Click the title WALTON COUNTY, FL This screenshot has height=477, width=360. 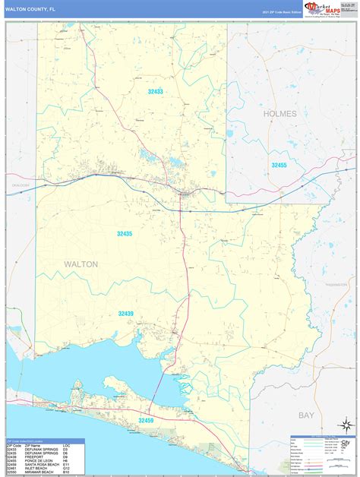click(30, 8)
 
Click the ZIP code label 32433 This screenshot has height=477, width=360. click(155, 91)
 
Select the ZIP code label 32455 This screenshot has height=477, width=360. click(279, 165)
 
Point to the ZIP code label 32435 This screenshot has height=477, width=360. click(125, 233)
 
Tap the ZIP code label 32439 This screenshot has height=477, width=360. click(125, 313)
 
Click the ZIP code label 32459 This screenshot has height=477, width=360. click(146, 419)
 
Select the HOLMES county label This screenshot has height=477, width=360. click(279, 113)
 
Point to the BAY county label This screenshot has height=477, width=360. click(306, 415)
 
